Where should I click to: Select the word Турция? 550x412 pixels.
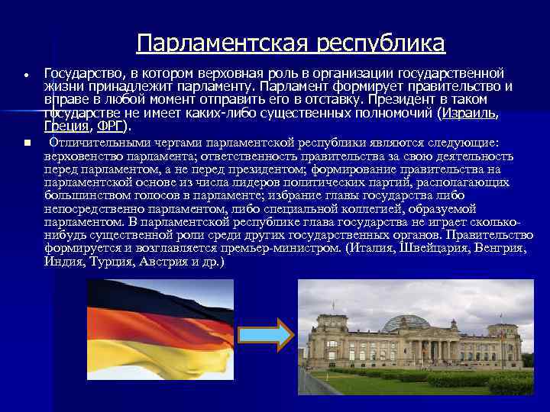pyautogui.click(x=111, y=261)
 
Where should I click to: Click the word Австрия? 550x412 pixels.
pyautogui.click(x=163, y=261)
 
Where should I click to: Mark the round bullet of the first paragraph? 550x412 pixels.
pyautogui.click(x=26, y=76)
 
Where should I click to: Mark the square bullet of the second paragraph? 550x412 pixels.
pyautogui.click(x=26, y=143)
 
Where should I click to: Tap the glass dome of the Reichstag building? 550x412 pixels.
pyautogui.click(x=406, y=322)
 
